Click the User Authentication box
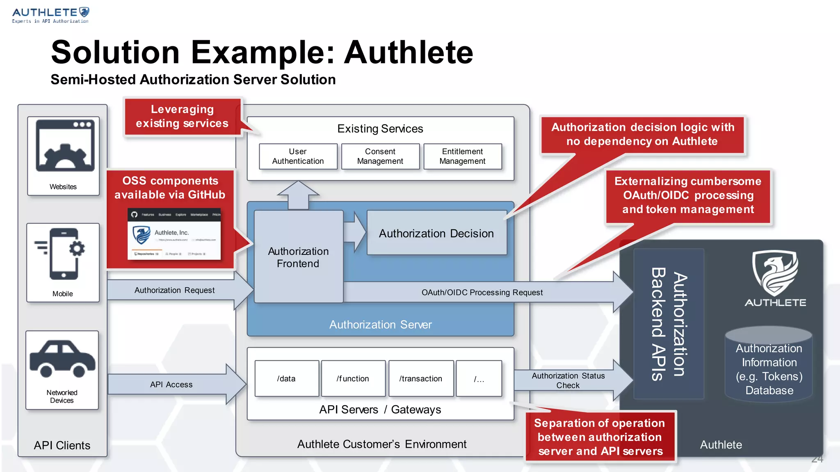point(298,157)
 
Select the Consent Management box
point(380,157)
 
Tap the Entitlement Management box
point(463,157)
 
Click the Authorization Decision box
point(436,233)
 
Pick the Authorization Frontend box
point(298,257)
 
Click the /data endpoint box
point(286,379)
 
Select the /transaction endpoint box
point(421,379)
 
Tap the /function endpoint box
point(353,379)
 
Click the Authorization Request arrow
point(175,290)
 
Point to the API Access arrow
point(171,384)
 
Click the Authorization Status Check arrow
point(568,380)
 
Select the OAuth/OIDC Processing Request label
point(482,292)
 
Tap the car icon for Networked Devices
point(62,359)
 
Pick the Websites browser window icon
point(65,146)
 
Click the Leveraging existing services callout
point(182,116)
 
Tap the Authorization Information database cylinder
point(769,365)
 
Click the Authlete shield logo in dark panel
point(775,274)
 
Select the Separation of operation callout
point(600,437)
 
